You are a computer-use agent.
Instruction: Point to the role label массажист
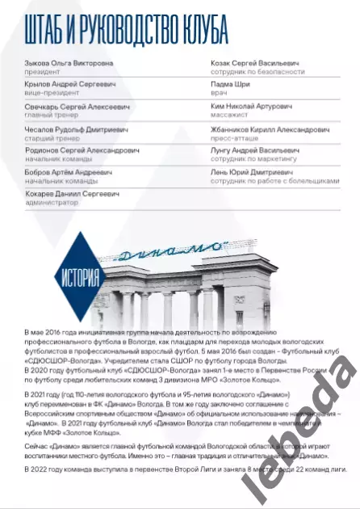pos(208,115)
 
